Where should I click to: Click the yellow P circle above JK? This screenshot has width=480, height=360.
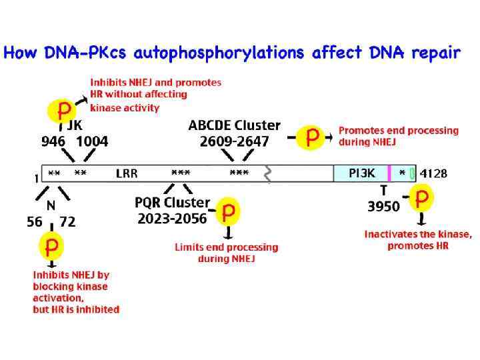[65, 109]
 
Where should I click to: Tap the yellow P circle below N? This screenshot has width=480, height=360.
[51, 247]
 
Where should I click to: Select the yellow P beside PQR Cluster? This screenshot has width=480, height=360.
[228, 212]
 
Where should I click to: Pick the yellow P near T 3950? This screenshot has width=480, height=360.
[421, 198]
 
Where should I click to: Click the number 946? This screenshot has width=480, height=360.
[54, 141]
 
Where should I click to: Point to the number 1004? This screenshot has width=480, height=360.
[92, 141]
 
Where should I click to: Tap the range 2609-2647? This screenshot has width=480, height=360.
[234, 141]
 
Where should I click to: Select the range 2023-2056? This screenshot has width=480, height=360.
[172, 217]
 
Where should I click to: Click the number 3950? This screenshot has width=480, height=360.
[384, 207]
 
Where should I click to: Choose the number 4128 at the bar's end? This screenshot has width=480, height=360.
[433, 174]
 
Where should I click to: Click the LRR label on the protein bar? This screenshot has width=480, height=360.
[127, 174]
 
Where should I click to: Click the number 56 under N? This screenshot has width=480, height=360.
[35, 222]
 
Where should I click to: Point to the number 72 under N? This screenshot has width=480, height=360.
[68, 222]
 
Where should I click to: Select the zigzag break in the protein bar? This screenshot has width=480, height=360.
[268, 175]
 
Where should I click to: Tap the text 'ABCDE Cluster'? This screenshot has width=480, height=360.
[234, 126]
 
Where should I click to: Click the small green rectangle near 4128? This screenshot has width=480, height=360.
[412, 174]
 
